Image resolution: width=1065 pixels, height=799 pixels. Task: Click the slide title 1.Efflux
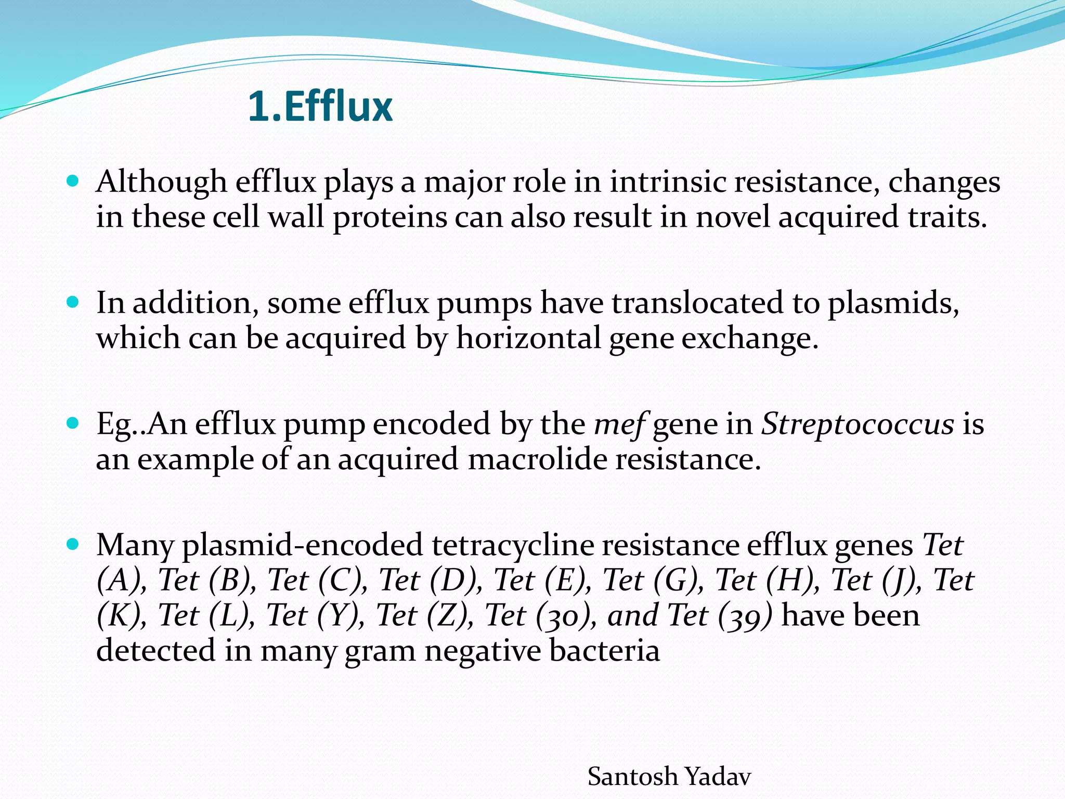click(320, 107)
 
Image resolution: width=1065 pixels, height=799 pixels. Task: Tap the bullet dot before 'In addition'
click(73, 302)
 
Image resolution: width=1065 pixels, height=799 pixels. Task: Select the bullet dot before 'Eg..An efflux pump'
click(73, 423)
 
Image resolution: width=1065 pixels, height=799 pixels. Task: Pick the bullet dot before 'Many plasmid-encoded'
click(73, 545)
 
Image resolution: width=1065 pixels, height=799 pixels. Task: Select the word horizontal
click(528, 338)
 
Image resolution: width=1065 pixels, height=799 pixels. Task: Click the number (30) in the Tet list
click(565, 615)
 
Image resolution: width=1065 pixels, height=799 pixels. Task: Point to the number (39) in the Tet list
click(745, 615)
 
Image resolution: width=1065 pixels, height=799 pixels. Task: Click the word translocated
click(697, 303)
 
